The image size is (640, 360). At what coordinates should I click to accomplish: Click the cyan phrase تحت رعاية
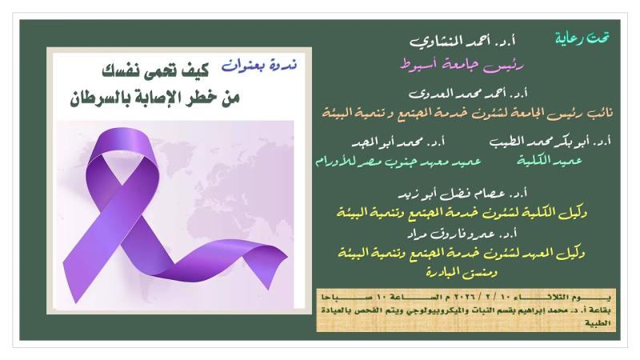coord(582,38)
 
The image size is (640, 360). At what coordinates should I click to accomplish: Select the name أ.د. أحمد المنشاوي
coord(462,42)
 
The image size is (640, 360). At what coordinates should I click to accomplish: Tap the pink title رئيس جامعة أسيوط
coord(462,66)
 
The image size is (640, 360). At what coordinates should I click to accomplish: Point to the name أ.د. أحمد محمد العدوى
coord(468,94)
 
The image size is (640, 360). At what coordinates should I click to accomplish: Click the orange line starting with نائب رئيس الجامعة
coord(467,113)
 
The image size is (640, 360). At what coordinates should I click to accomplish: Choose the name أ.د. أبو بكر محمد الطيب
coord(550,142)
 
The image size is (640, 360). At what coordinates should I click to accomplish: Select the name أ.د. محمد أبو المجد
coord(398,142)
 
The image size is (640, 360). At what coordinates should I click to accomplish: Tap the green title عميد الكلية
coord(550,161)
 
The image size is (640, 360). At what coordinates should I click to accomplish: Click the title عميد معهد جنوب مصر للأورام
coord(398,162)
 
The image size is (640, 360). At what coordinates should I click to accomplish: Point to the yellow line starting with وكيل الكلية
coord(462,213)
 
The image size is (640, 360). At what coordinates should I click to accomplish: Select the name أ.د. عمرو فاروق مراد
coord(462,234)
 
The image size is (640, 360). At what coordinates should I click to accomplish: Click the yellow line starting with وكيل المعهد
coord(462,254)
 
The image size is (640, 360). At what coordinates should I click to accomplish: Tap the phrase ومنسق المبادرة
coord(462,272)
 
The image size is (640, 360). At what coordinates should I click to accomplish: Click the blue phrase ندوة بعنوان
coord(258,66)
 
